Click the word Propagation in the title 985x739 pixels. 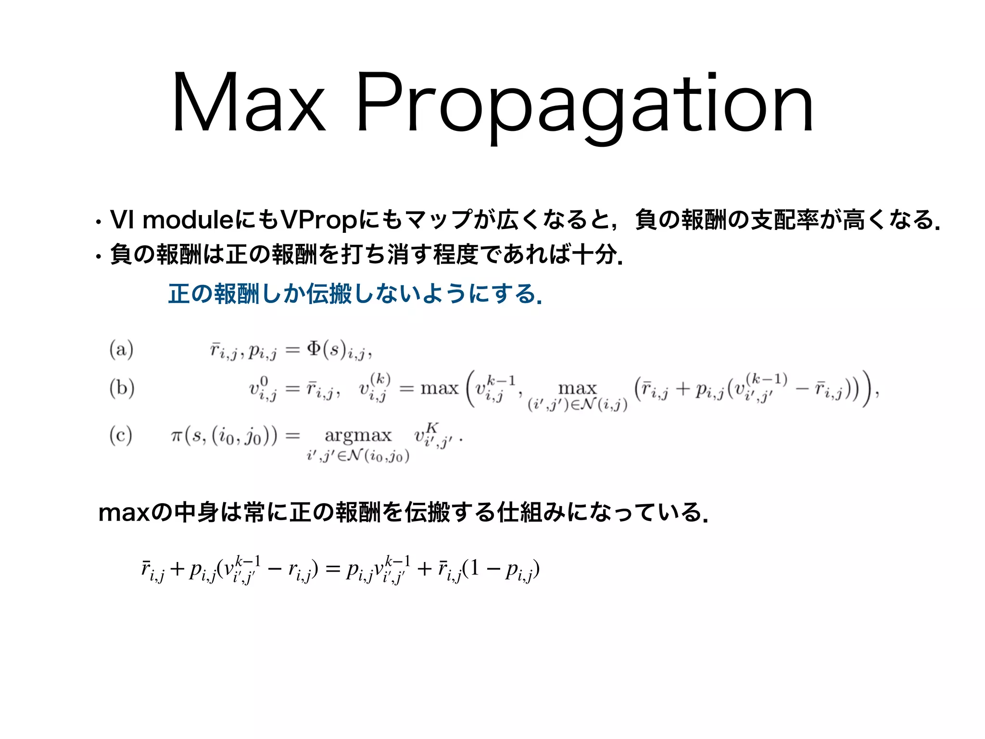(584, 106)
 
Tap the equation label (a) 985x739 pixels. (121, 349)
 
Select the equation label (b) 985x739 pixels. (122, 388)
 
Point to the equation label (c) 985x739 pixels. (121, 435)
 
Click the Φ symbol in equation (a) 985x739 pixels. (314, 348)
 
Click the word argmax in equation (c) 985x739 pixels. (358, 435)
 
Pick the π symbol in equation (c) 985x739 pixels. (177, 436)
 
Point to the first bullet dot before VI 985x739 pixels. (98, 222)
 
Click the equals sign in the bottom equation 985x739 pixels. (332, 570)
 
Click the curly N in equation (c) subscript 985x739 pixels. (354, 456)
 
